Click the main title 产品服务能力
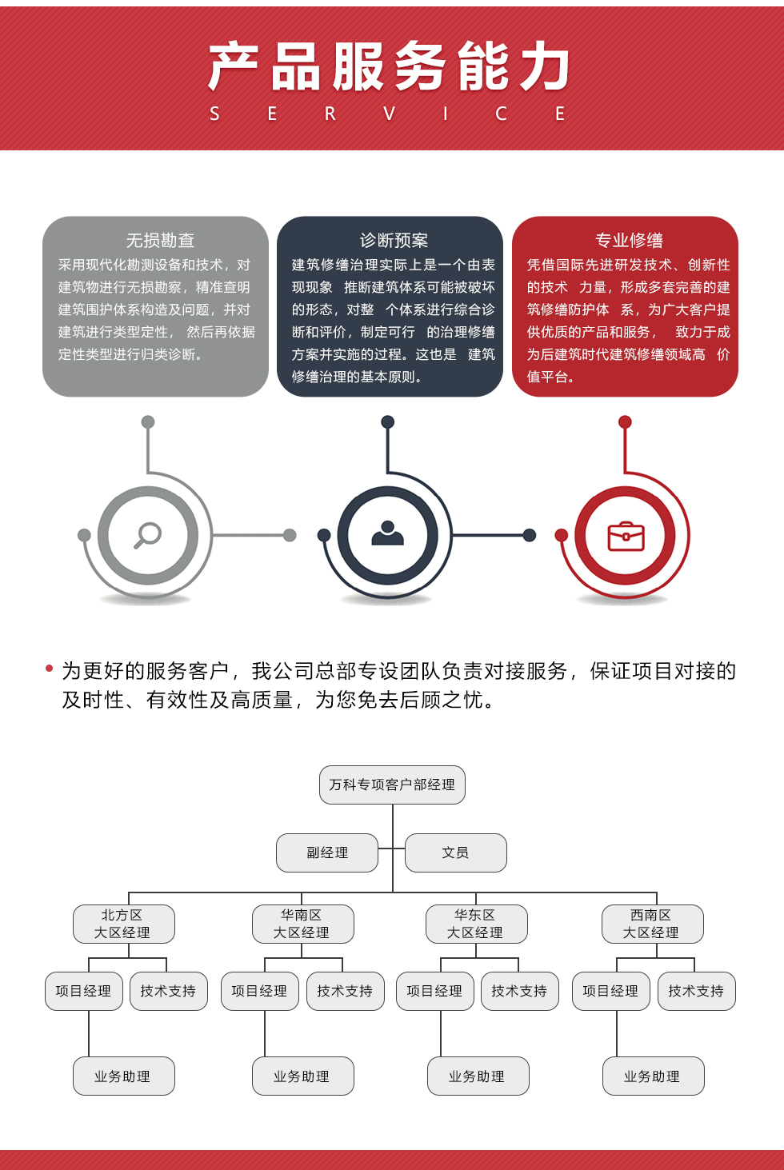click(390, 67)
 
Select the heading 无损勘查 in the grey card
click(160, 240)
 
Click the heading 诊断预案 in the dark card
click(394, 240)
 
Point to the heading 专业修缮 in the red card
click(629, 240)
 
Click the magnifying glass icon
click(148, 535)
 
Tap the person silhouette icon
click(388, 533)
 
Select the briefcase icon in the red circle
click(626, 536)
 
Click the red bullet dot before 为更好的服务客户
click(50, 669)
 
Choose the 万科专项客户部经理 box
click(392, 785)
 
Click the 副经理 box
click(327, 853)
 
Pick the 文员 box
click(456, 853)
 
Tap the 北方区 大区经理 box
click(123, 924)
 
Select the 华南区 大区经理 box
click(302, 924)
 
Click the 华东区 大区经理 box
click(476, 924)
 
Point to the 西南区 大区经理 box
click(652, 924)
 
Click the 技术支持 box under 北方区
click(168, 991)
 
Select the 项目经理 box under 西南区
click(610, 991)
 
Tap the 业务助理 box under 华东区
click(478, 1076)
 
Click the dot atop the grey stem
click(148, 421)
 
